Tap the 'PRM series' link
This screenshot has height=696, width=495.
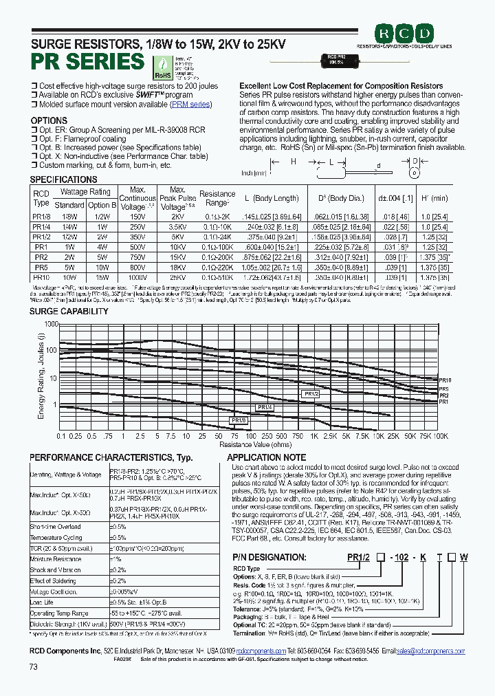pos(191,104)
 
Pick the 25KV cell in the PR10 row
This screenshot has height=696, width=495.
pos(177,277)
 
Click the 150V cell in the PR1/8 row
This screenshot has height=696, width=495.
pos(137,217)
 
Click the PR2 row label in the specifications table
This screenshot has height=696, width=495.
pos(41,257)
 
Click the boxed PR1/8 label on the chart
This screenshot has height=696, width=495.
pos(238,420)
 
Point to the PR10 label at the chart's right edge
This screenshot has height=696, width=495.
pos(445,380)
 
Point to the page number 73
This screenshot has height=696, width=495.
pos(34,667)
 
